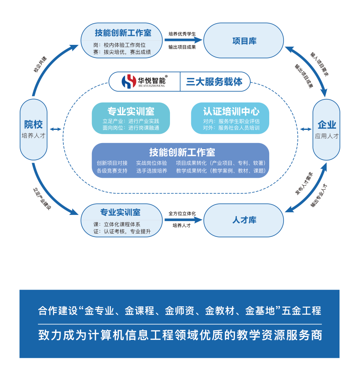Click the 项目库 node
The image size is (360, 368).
244,41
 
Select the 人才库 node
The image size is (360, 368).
244,220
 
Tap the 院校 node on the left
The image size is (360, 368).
33,129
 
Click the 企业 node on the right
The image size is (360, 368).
326,129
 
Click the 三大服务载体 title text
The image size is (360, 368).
214,82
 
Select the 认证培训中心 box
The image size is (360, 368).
231,118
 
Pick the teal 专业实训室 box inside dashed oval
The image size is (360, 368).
131,118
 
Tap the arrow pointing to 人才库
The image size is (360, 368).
183,220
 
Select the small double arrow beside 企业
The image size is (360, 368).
306,129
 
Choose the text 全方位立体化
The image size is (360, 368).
182,213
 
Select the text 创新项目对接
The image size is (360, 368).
112,163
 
